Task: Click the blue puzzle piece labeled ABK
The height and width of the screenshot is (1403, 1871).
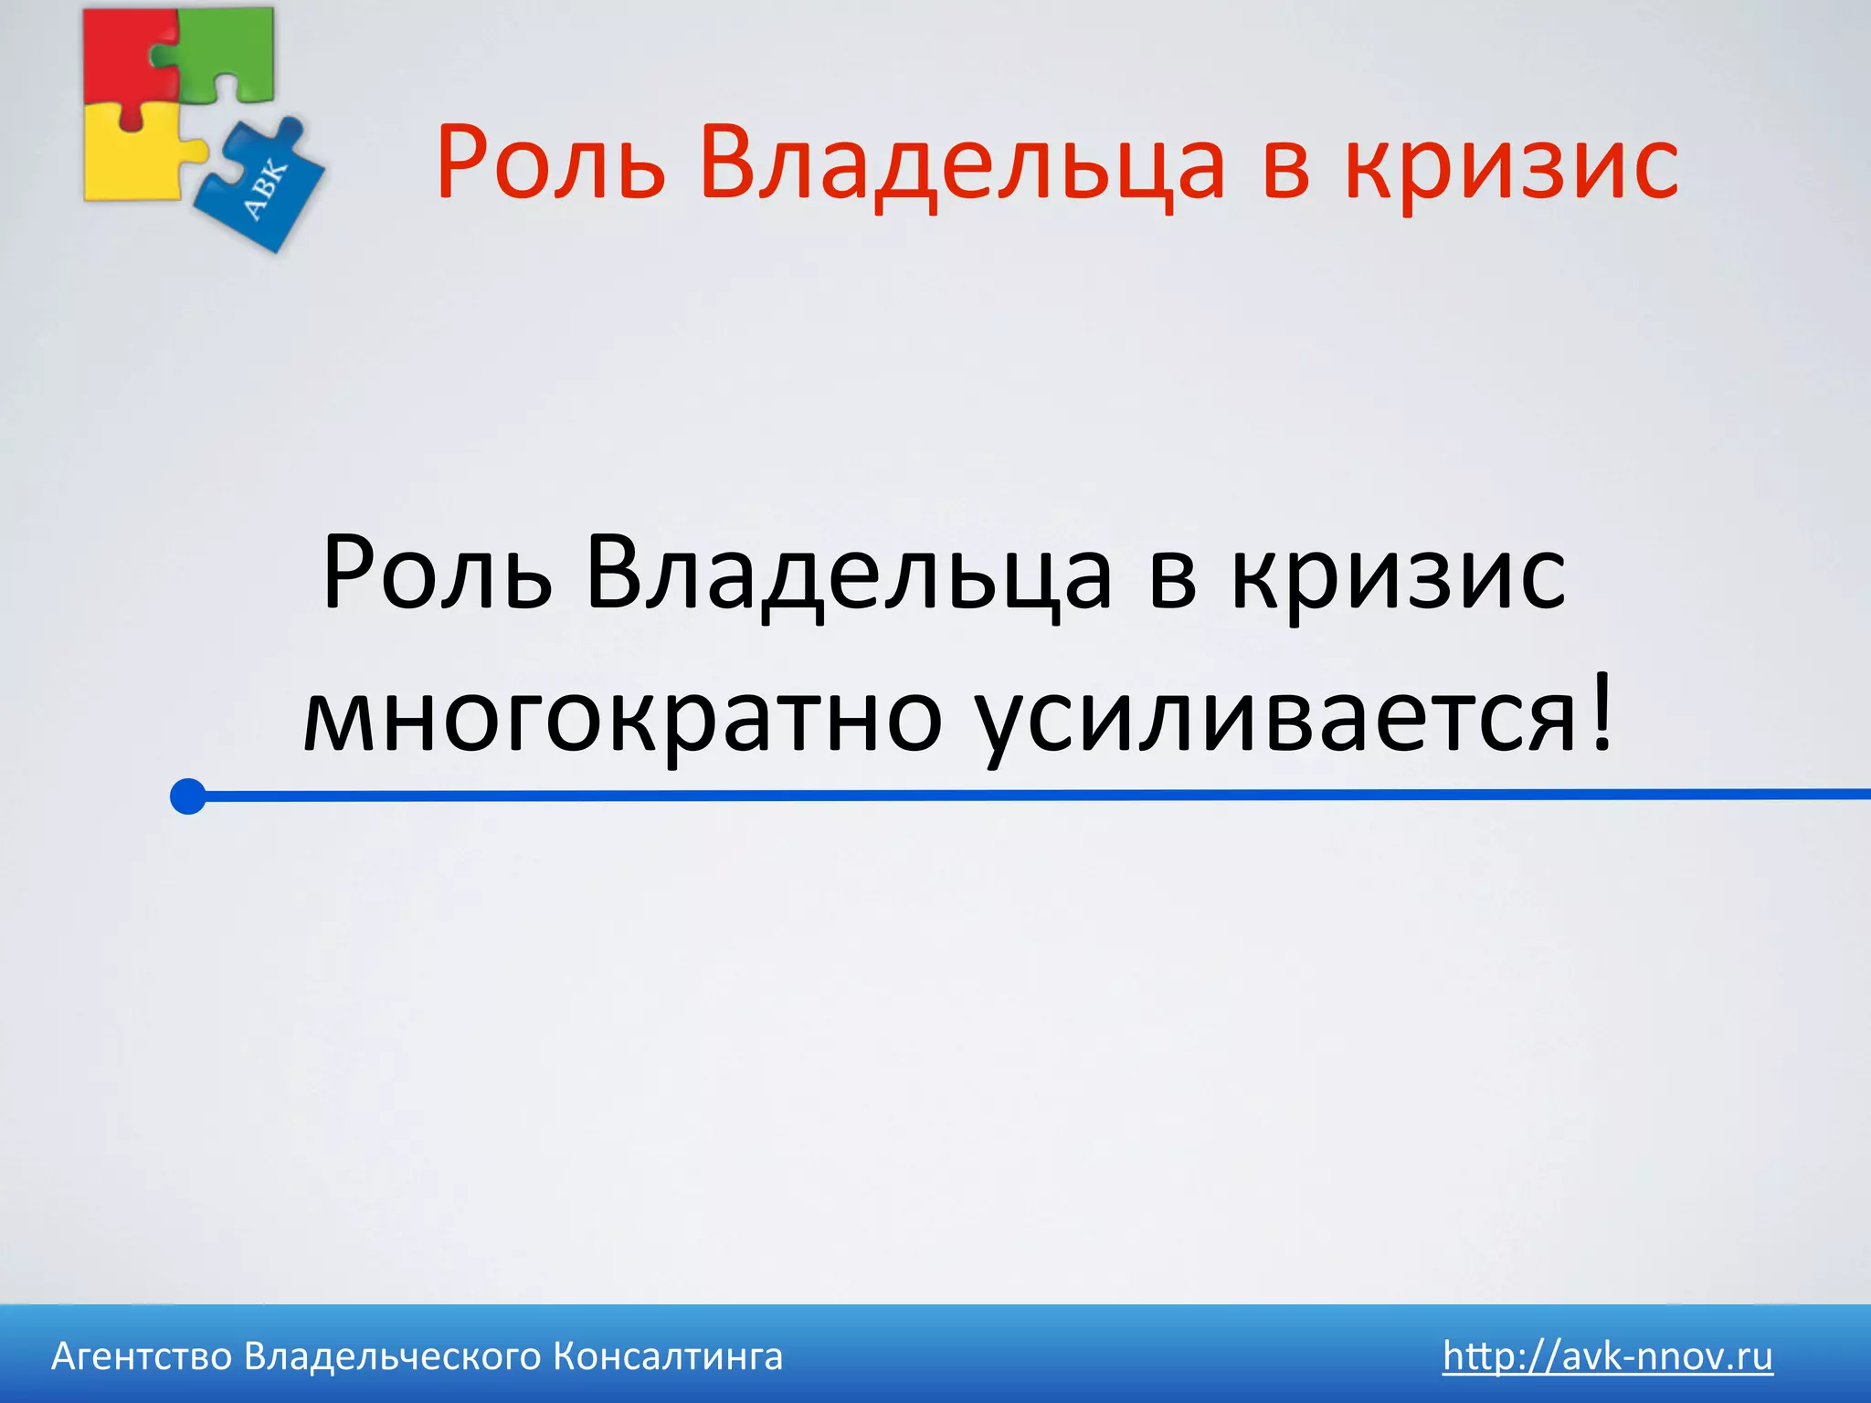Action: pos(265,187)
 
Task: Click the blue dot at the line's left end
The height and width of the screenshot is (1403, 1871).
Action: pos(188,796)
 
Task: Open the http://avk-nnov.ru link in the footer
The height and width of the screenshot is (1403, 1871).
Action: pos(1607,1356)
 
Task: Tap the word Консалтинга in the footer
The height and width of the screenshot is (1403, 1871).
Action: pos(668,1357)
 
